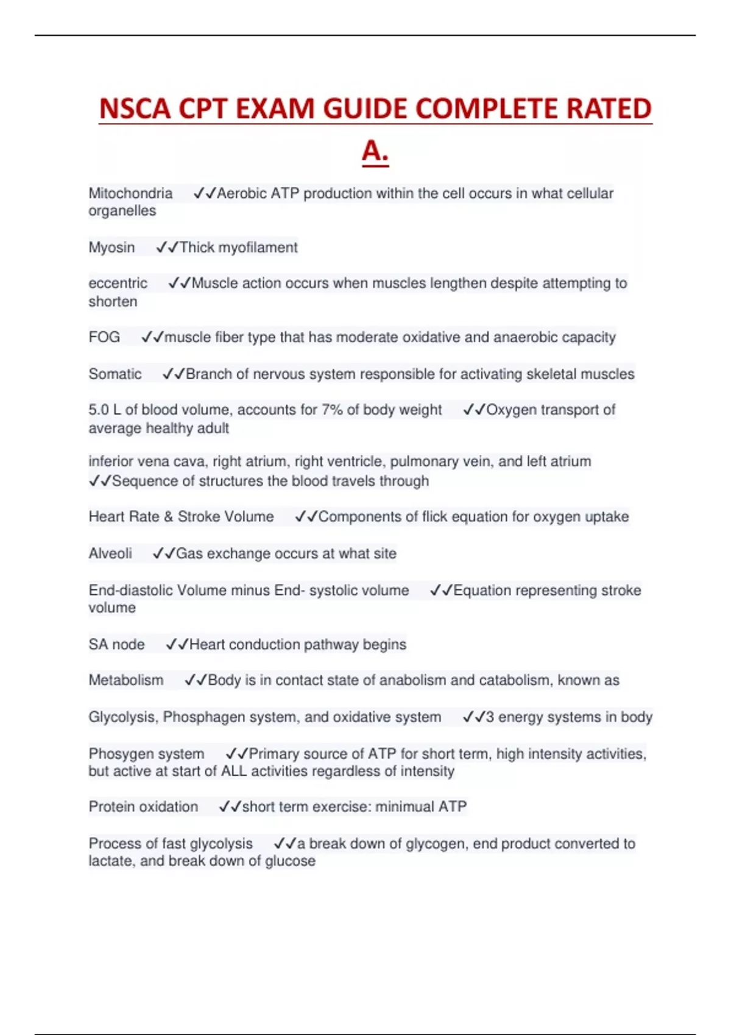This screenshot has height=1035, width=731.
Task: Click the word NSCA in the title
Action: click(x=135, y=109)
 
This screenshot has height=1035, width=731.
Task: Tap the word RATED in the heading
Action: click(x=609, y=109)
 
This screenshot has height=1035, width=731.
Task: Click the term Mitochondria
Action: click(x=130, y=194)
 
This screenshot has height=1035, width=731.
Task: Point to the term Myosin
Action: click(x=111, y=247)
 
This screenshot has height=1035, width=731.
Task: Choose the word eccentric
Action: click(x=118, y=283)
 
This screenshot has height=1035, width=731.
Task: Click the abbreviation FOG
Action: click(x=104, y=337)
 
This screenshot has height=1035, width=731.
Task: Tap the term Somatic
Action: click(x=115, y=374)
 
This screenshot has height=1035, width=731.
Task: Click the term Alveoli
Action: click(x=110, y=553)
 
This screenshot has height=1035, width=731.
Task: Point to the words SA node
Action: click(x=116, y=644)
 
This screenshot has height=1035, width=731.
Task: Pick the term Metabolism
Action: click(x=126, y=680)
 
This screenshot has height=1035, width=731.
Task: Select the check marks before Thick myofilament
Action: click(x=167, y=247)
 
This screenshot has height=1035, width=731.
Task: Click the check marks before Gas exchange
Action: click(x=163, y=553)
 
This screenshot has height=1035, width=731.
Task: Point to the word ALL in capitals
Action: click(x=234, y=771)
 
